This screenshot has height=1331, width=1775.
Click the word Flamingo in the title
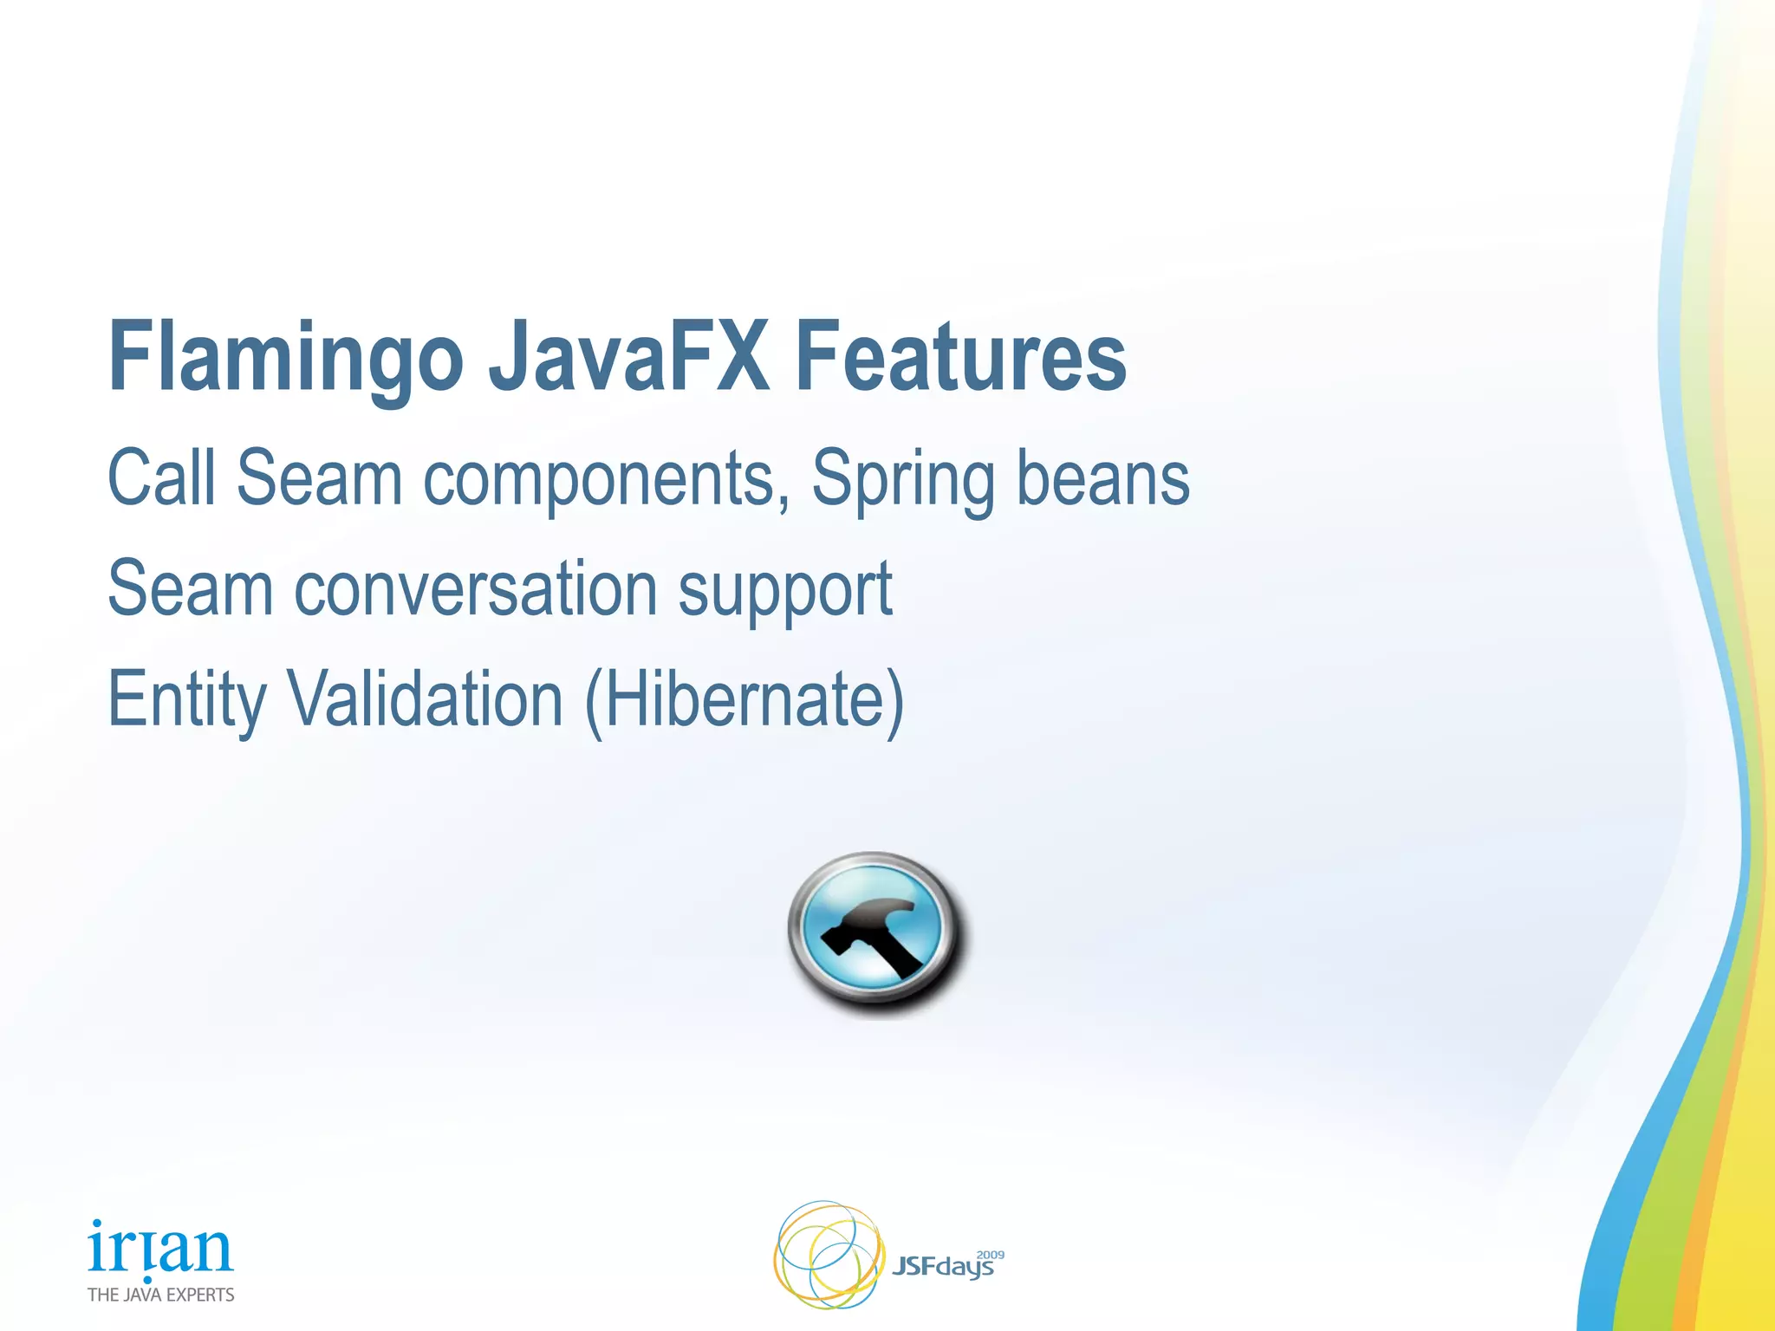[x=286, y=357]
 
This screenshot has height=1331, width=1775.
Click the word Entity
[x=187, y=700]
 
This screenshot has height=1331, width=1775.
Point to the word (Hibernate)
[x=744, y=700]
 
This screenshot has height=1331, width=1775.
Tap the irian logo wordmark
[x=160, y=1248]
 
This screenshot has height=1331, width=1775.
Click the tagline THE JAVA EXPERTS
[x=160, y=1295]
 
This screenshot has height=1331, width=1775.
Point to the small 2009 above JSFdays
[x=990, y=1254]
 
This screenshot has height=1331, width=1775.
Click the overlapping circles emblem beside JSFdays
[x=828, y=1255]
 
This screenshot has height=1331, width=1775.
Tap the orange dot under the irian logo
[x=148, y=1279]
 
